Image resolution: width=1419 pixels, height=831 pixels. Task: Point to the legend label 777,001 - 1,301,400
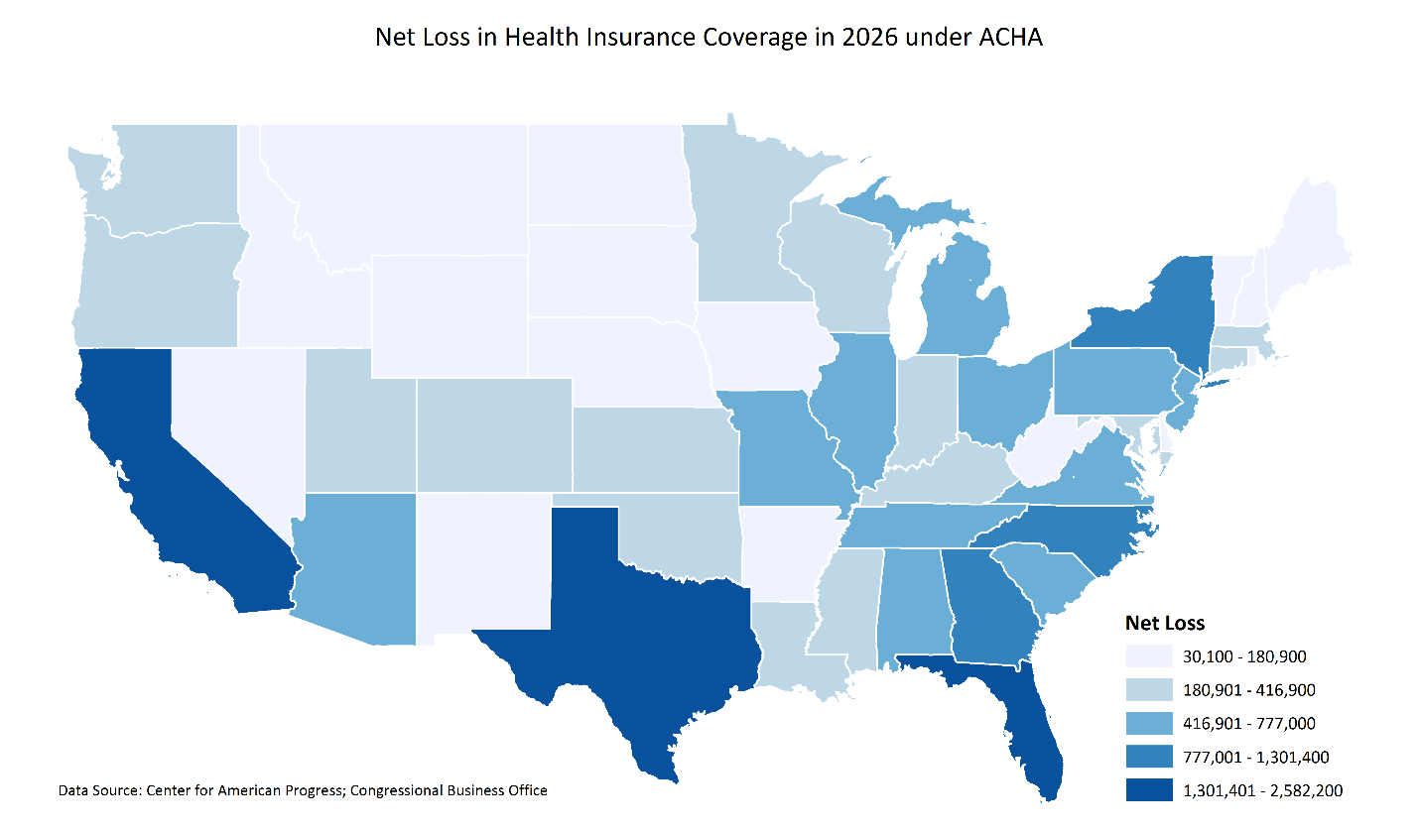pos(1256,758)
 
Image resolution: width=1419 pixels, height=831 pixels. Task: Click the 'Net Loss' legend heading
pos(1164,623)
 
